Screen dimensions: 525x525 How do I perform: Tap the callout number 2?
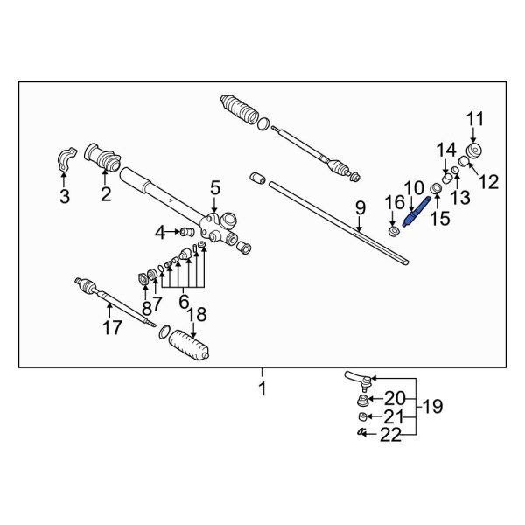[x=106, y=194]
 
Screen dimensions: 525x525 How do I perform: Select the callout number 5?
[x=215, y=187]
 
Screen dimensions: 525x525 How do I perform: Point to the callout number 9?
[x=359, y=207]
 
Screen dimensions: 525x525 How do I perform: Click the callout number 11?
[x=473, y=120]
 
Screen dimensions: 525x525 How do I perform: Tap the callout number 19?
[x=431, y=407]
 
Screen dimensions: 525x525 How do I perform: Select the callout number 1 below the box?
[x=262, y=388]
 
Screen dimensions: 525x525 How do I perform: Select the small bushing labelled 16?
[x=394, y=232]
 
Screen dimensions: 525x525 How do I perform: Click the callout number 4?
[x=160, y=232]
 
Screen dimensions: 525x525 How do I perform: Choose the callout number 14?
[x=447, y=149]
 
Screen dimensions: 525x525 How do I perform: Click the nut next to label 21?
[x=360, y=417]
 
